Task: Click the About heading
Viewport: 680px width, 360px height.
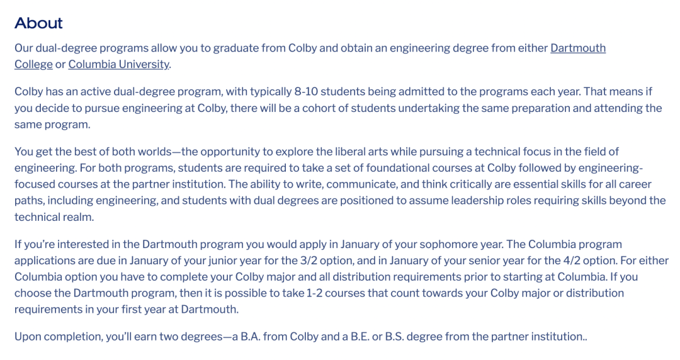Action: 38,23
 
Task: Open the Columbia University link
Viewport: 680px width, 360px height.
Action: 119,64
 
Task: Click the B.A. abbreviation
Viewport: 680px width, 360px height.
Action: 248,337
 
